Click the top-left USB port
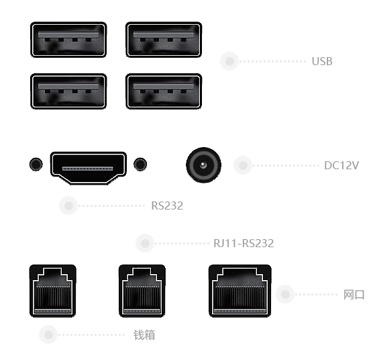coord(68,40)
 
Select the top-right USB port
coord(164,40)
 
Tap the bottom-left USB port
coord(68,91)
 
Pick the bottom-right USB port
coord(164,91)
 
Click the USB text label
coord(322,62)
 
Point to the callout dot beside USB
coord(229,61)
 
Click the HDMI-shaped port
coord(89,168)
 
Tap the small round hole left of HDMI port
coord(36,164)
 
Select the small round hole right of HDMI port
coord(140,164)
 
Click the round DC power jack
coord(203,165)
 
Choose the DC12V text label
coord(341,165)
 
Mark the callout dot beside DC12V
coord(243,165)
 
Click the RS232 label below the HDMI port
coord(167,206)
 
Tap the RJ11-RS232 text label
coord(244,243)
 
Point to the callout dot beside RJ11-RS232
coord(145,243)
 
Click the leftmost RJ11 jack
coord(53,291)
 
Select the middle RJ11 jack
coord(142,291)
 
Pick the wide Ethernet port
coord(240,291)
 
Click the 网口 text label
coord(354,295)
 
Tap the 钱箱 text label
coord(144,334)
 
